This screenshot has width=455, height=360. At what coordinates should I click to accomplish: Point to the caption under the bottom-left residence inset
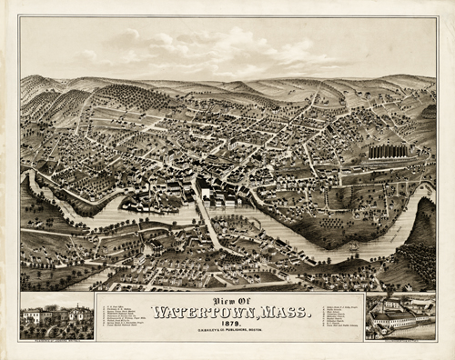tap(56, 337)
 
